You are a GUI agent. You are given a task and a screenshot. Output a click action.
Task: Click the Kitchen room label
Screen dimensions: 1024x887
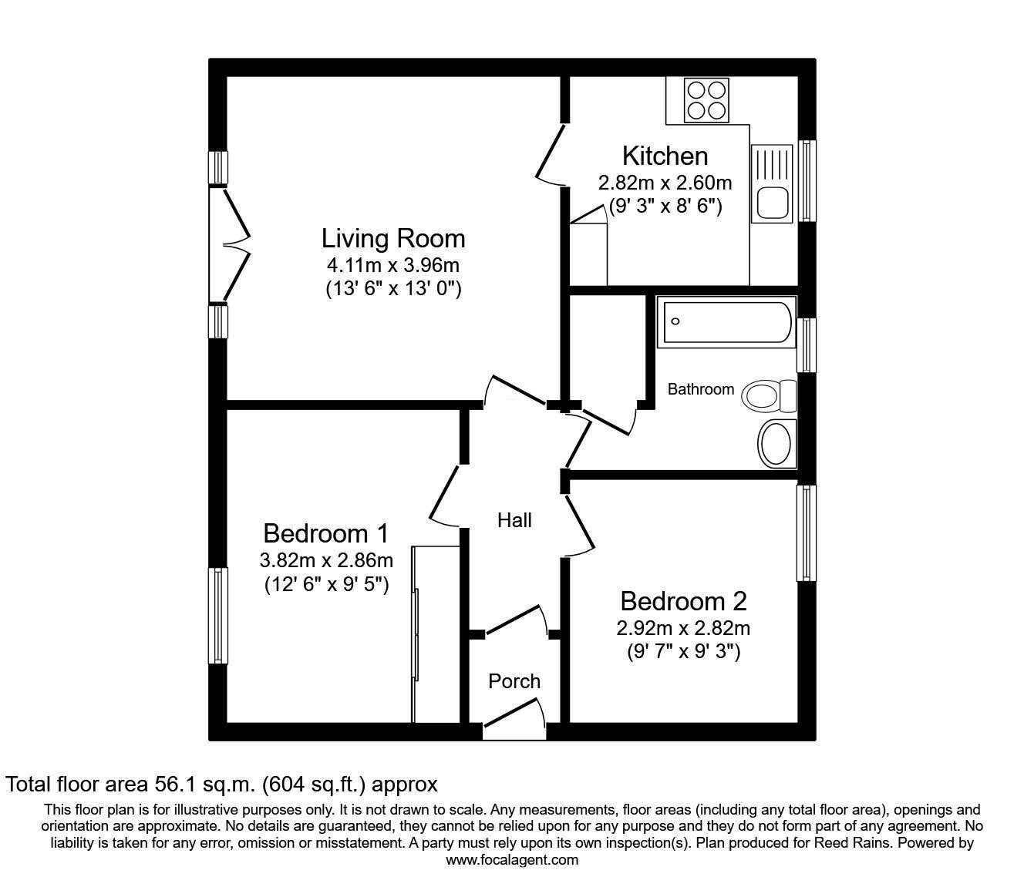(x=665, y=156)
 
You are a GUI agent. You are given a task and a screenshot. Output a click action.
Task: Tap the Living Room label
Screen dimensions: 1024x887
(x=393, y=239)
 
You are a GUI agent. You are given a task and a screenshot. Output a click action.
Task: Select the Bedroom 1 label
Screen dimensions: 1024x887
(x=326, y=533)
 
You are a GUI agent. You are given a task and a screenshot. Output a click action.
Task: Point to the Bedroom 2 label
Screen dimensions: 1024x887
(x=683, y=601)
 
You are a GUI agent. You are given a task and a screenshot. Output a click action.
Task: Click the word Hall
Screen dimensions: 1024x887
(x=514, y=520)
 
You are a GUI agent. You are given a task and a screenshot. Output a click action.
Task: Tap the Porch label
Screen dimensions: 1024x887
(x=514, y=681)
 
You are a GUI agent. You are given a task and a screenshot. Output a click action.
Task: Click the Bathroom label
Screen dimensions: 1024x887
(x=700, y=389)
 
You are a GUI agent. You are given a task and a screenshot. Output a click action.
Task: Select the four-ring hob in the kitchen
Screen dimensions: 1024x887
(x=706, y=100)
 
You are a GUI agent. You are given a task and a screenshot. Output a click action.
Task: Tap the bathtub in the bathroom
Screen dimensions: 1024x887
(x=727, y=322)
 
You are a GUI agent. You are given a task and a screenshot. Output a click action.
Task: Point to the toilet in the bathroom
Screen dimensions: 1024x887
(x=769, y=395)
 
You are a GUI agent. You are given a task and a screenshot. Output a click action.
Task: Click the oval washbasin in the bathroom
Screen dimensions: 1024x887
(x=776, y=444)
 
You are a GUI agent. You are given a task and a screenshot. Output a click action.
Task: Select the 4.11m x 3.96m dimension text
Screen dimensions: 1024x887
(x=392, y=265)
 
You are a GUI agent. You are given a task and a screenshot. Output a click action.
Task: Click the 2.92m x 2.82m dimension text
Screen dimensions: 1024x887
(x=683, y=629)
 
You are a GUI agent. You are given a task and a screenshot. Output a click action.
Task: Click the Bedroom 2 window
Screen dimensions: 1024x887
(x=806, y=533)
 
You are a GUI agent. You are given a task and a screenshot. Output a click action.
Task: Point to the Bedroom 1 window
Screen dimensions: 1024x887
(x=218, y=616)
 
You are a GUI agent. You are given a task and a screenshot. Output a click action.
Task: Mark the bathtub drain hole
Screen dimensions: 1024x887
(x=675, y=321)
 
